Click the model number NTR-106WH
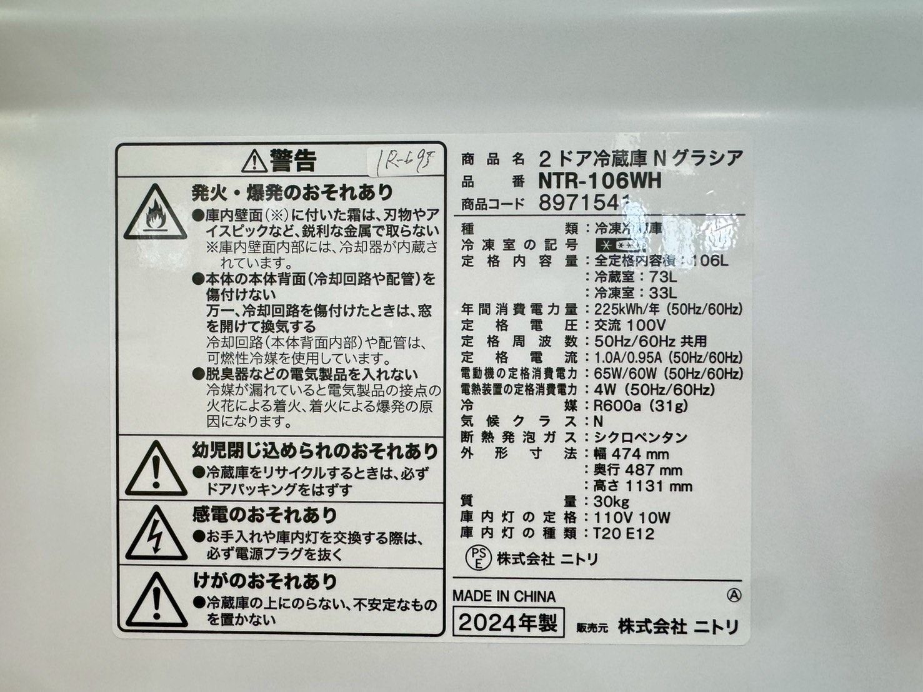[x=599, y=181]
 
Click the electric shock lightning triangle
[x=156, y=534]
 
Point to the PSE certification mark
[x=478, y=557]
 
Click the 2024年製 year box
[x=508, y=622]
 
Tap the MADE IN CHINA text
[x=504, y=596]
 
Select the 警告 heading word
[x=292, y=161]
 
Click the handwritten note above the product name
[x=406, y=161]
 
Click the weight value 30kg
[x=612, y=502]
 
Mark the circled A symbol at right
[x=734, y=596]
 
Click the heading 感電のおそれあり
[x=264, y=515]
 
